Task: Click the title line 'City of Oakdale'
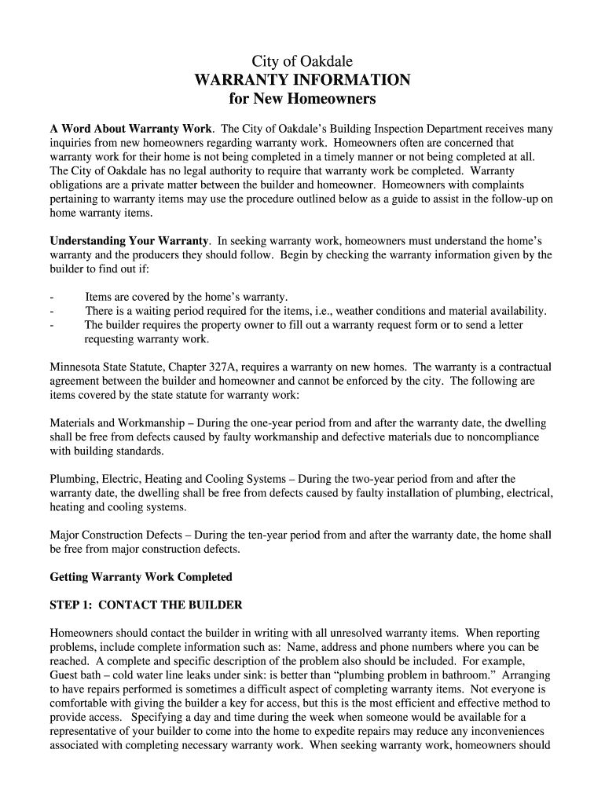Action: [x=302, y=61]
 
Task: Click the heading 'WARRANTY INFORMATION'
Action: [x=302, y=80]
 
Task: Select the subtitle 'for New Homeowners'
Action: [x=302, y=100]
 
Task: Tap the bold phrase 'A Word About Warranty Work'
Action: [x=130, y=128]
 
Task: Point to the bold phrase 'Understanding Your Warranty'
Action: [x=129, y=240]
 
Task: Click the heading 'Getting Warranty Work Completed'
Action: [x=141, y=576]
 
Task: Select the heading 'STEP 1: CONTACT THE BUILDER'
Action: [x=146, y=605]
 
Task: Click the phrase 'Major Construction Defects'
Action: [x=117, y=535]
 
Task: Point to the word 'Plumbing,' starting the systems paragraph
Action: [x=74, y=478]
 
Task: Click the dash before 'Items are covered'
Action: [x=52, y=297]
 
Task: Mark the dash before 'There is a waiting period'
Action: [x=52, y=311]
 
